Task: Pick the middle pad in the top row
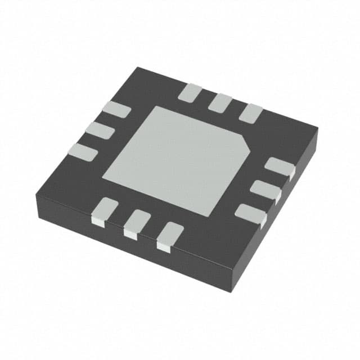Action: coord(220,103)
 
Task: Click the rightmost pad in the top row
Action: coord(250,114)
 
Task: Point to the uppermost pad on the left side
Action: coord(116,110)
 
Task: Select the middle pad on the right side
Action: coord(266,190)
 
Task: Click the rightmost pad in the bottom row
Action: coord(169,235)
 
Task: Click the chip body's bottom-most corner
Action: coord(231,291)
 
